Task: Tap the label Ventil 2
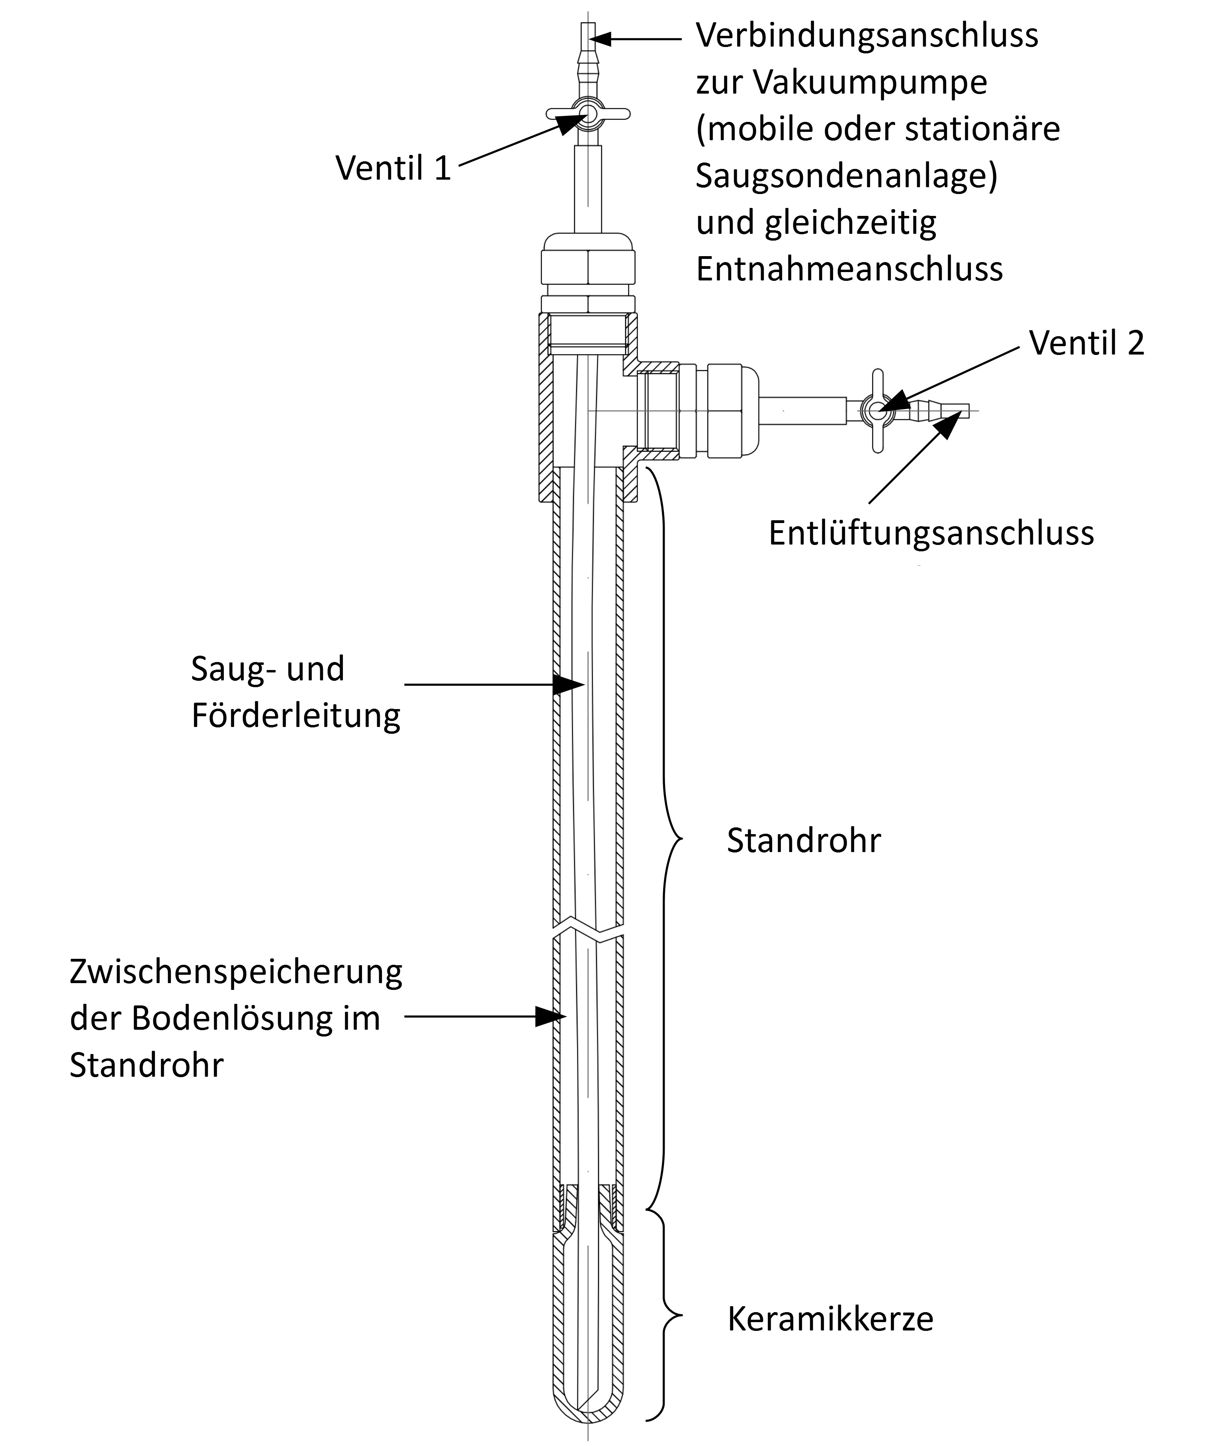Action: (x=1087, y=342)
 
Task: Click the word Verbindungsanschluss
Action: (x=867, y=35)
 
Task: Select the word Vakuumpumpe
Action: (x=870, y=82)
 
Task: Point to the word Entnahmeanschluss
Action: (x=849, y=268)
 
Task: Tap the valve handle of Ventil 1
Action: (x=588, y=114)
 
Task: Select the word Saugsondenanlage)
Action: (x=846, y=176)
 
